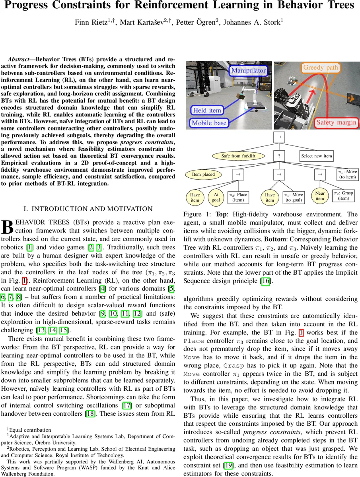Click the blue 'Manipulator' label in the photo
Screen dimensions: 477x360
(x=249, y=70)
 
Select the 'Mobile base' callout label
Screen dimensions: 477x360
(x=209, y=123)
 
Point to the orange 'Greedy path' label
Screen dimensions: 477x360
(x=320, y=68)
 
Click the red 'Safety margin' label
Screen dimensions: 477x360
(x=336, y=122)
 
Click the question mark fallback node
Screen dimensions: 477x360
(x=279, y=156)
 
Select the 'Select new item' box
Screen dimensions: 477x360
(x=316, y=156)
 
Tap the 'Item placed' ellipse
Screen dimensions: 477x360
(x=203, y=174)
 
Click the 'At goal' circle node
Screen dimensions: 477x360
(x=216, y=197)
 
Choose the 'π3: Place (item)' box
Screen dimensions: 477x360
(x=238, y=197)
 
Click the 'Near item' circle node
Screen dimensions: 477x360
(x=320, y=196)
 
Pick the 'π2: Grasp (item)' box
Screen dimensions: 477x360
(x=343, y=195)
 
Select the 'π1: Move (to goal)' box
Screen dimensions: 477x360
(x=293, y=197)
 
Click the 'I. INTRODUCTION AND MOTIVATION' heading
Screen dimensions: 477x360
(x=88, y=209)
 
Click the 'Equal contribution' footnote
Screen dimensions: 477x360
(x=30, y=430)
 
